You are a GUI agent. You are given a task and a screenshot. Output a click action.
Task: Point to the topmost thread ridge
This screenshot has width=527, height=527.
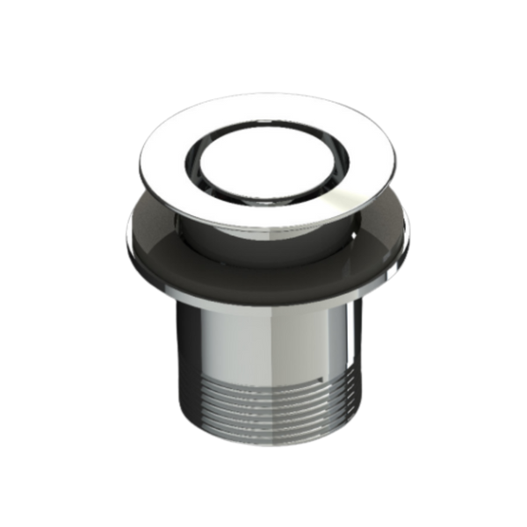tap(263, 376)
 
